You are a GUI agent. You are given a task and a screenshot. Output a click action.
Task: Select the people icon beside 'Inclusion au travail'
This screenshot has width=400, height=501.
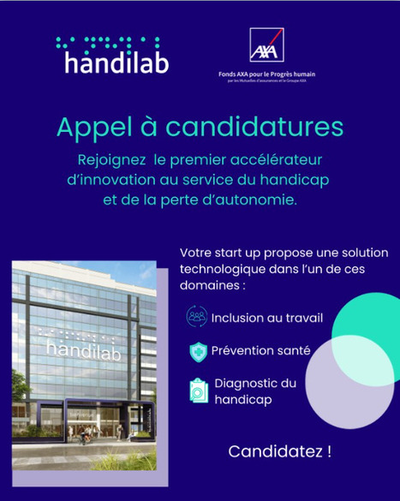point(197,318)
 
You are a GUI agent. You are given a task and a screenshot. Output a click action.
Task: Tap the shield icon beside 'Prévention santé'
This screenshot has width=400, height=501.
point(197,350)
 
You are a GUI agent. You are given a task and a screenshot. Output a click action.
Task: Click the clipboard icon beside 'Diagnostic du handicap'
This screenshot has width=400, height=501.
point(198,391)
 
